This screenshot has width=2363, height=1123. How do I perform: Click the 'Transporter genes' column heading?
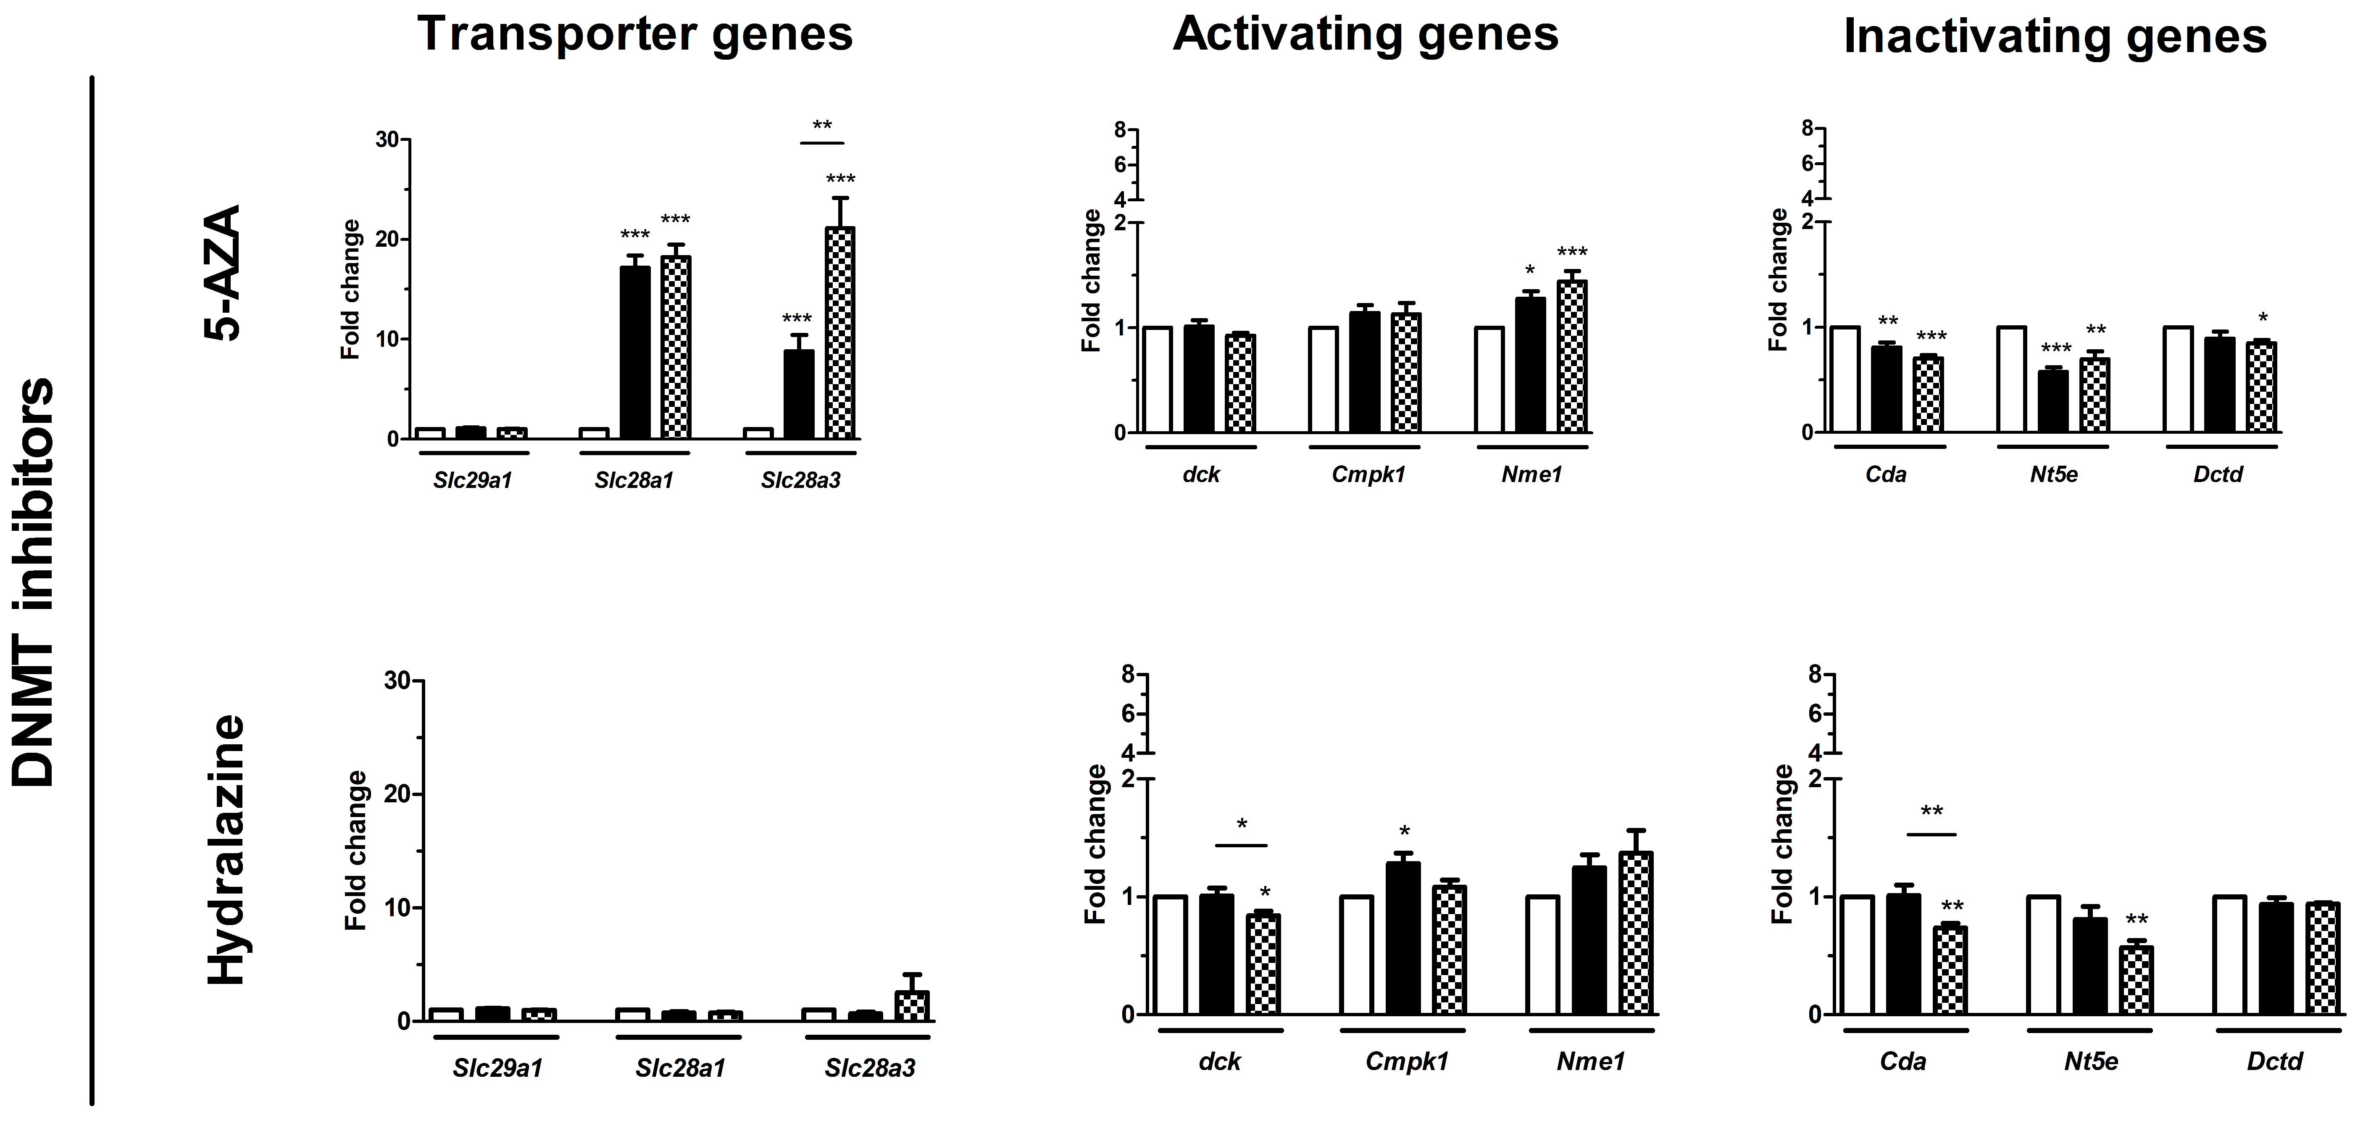pos(635,35)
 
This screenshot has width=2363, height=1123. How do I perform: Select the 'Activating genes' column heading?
pos(1365,35)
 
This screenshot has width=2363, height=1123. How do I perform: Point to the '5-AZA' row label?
pos(222,272)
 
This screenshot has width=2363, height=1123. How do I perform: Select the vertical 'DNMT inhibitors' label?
pos(35,583)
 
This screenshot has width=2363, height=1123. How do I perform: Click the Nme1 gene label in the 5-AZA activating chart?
pos(1531,475)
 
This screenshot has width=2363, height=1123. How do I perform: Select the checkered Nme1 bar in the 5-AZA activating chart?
pos(1571,356)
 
